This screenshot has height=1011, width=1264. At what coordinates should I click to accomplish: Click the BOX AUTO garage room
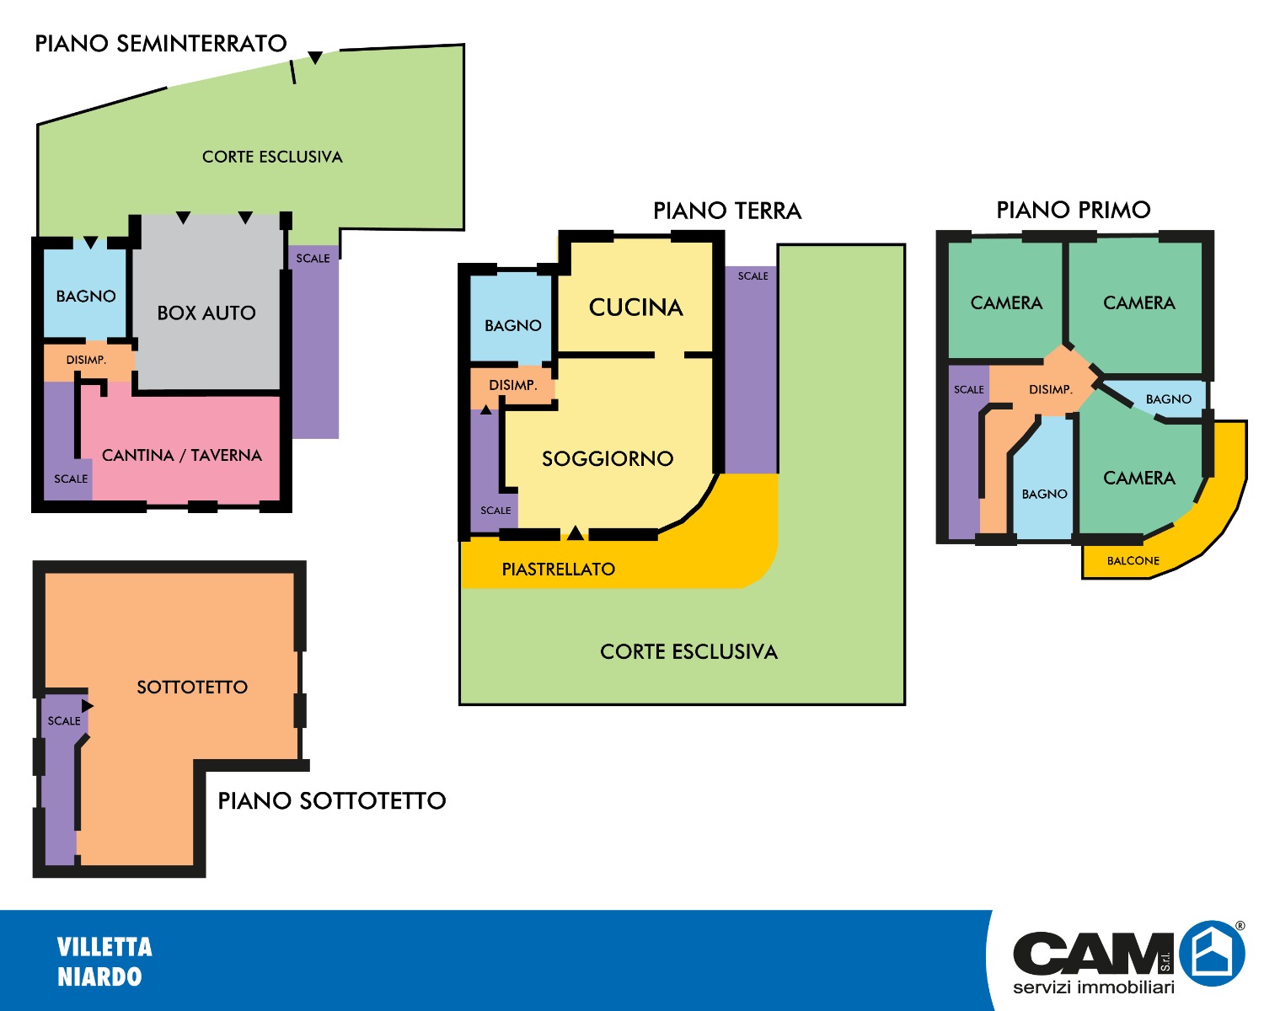point(206,313)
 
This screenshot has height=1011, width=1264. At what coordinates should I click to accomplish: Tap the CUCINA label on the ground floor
point(636,308)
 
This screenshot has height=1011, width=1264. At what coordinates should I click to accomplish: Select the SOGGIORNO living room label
point(608,459)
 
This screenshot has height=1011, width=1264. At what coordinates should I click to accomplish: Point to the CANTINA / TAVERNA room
point(182,455)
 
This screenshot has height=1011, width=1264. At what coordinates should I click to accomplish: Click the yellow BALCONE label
point(1133,561)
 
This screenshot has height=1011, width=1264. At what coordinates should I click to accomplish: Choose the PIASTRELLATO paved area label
point(559,570)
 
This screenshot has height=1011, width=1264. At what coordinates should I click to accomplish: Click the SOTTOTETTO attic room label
point(192,687)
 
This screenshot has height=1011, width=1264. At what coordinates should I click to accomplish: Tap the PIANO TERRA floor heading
point(727,211)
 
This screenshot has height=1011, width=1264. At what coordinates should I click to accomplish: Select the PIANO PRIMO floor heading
point(1074,210)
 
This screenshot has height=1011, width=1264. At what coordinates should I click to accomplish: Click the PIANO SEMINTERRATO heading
point(161,44)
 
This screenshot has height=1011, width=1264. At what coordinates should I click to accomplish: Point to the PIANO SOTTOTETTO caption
point(332,800)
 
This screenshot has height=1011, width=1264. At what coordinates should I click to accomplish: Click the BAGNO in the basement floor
point(86,297)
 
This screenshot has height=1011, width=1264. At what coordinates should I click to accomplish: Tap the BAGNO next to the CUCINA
point(513,325)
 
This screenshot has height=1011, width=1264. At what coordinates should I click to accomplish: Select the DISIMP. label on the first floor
point(1050,390)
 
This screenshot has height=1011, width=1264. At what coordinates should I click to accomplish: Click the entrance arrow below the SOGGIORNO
point(575,532)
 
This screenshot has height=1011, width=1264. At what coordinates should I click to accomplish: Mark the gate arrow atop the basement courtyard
point(315,58)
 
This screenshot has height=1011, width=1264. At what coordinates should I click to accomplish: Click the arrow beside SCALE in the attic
point(88,705)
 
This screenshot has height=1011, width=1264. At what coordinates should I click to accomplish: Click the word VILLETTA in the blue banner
point(104,947)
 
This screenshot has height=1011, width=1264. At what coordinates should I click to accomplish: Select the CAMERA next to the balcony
point(1139,478)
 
